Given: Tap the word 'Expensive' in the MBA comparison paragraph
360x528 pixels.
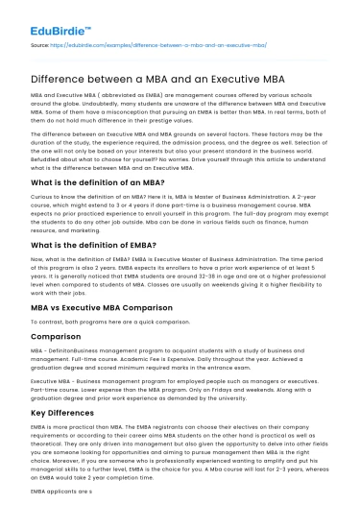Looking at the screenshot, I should [x=204, y=387].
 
